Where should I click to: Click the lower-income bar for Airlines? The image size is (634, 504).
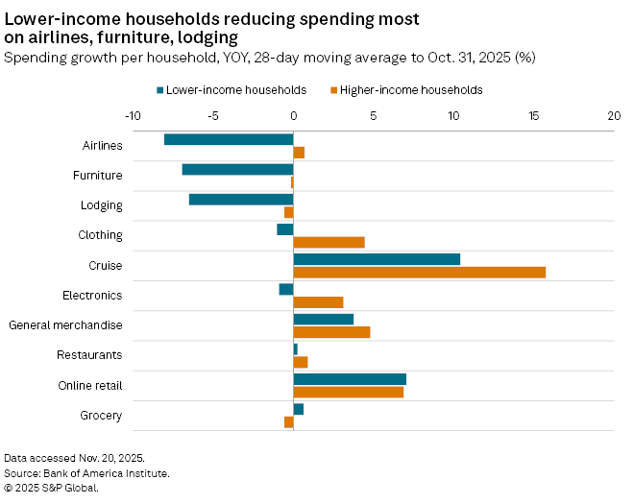[229, 139]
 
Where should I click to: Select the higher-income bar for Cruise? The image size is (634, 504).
[419, 272]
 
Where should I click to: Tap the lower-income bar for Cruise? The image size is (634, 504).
[377, 259]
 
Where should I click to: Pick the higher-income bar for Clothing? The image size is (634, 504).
[329, 242]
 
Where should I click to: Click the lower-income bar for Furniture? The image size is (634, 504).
[237, 169]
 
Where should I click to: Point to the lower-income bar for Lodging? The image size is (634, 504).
[241, 200]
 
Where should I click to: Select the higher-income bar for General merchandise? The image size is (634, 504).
[331, 332]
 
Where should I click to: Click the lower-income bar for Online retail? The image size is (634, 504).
[350, 379]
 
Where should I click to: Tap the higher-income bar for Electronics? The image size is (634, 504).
[318, 302]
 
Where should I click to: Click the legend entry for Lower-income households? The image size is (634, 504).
[231, 90]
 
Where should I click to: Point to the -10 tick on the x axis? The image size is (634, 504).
[134, 114]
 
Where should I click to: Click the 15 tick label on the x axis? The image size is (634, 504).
[534, 114]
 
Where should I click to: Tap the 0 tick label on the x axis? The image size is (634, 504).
[293, 114]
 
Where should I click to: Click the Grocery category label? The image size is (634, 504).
[102, 416]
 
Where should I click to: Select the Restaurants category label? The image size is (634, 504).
[89, 355]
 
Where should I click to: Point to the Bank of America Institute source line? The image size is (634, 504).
[86, 473]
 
